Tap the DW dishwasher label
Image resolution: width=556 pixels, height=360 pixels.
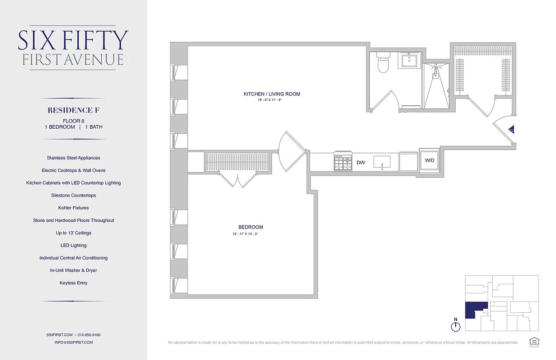tap(361, 162)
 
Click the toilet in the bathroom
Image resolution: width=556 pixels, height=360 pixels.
tap(383, 63)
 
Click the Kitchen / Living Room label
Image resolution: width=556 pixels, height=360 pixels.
tap(272, 94)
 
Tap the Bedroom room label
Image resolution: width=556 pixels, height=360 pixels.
tap(251, 227)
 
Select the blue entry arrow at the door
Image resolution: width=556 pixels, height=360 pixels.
tap(512, 130)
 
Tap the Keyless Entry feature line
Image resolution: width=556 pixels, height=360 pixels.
tap(73, 283)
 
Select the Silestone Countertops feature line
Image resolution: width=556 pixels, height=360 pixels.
tap(73, 195)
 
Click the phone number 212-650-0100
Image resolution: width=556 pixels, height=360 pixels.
tap(89, 335)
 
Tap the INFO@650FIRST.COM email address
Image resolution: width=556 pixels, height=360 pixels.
tap(73, 342)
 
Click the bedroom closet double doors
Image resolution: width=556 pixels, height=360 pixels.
tap(237, 180)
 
